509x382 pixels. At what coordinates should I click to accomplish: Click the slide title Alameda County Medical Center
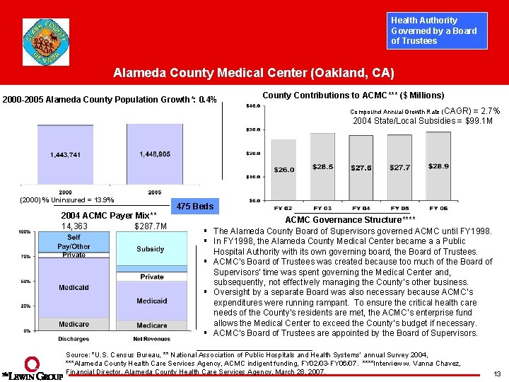255,74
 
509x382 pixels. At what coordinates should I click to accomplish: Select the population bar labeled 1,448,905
155,154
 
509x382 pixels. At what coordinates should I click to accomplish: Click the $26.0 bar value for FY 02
284,170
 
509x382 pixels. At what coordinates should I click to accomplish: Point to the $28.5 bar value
322,167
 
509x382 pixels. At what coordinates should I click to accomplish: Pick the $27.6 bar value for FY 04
361,168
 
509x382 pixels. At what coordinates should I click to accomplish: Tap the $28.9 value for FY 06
438,166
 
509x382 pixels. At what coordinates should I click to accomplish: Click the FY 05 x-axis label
399,208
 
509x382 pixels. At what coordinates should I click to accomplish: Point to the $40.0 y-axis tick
251,106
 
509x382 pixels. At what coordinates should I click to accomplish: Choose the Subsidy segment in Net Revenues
151,249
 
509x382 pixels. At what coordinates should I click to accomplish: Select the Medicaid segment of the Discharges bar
74,288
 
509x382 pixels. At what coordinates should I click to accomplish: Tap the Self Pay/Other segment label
74,243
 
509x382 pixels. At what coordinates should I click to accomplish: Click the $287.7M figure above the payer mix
150,226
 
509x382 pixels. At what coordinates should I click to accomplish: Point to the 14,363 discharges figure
75,226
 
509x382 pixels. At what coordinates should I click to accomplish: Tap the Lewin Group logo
32,369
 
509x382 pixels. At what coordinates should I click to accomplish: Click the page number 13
497,374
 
